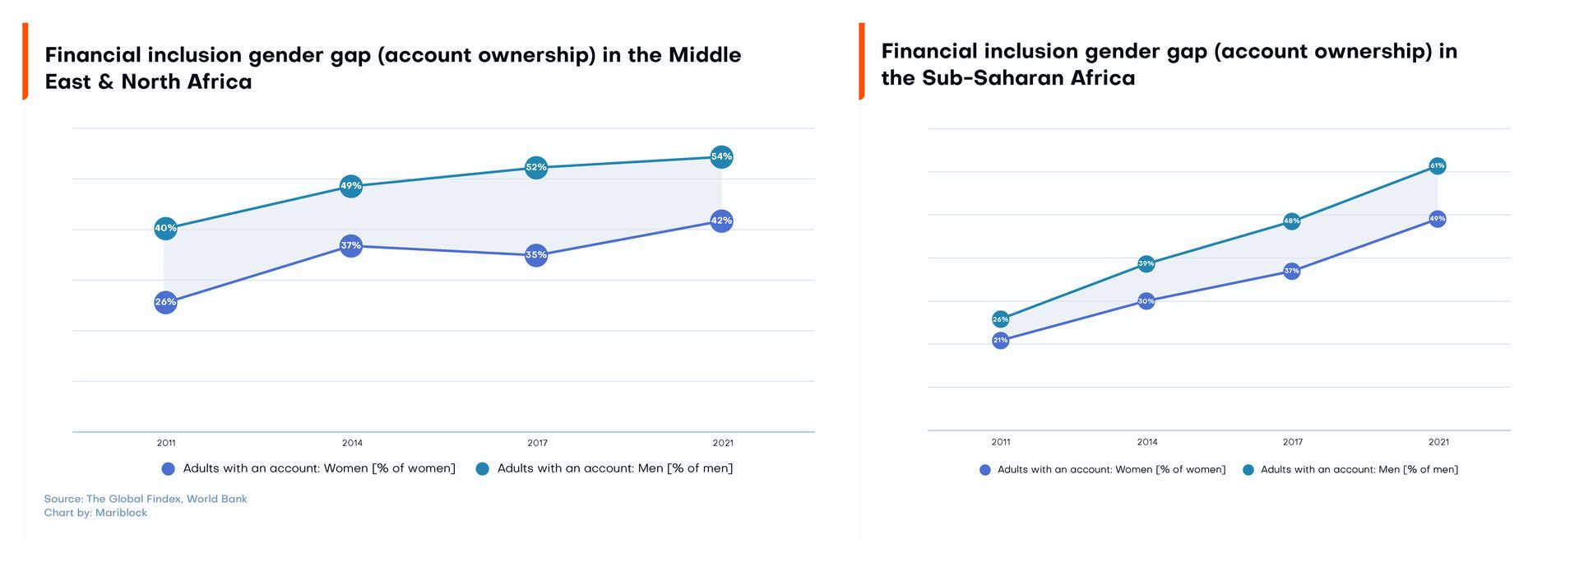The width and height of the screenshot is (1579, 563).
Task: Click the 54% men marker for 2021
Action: point(721,156)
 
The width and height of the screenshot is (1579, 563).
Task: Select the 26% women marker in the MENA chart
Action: point(165,302)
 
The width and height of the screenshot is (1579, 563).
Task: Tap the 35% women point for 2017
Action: point(536,255)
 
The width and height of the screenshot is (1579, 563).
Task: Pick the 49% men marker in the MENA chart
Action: point(351,186)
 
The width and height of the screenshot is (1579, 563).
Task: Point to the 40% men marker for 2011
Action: point(165,228)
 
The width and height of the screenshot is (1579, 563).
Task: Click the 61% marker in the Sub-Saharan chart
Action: point(1437,165)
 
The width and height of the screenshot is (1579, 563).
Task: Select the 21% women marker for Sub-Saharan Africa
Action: point(1000,340)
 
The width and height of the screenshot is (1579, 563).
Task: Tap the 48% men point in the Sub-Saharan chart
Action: point(1291,221)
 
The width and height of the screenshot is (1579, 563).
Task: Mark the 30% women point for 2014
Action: point(1146,301)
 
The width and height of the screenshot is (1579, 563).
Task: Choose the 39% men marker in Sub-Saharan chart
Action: point(1146,263)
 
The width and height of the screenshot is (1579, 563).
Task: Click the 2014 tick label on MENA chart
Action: point(352,443)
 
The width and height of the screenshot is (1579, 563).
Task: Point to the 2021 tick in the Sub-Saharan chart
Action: point(1438,442)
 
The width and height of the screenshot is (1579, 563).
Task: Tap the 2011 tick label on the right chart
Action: point(1000,442)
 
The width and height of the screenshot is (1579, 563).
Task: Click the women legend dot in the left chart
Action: point(169,469)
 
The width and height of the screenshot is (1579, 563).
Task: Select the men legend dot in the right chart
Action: point(1248,470)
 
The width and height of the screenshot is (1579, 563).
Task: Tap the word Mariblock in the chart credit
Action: point(121,513)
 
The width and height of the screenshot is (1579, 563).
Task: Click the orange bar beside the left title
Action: point(25,62)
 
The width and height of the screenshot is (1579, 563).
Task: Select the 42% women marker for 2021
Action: point(721,221)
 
